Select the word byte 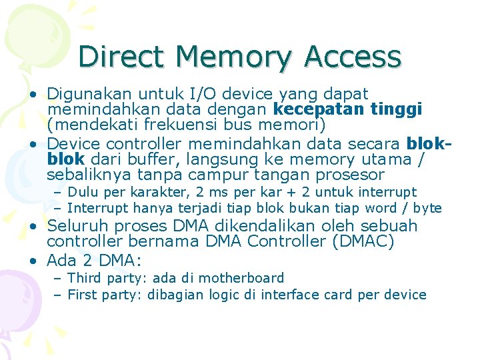pyautogui.click(x=427, y=209)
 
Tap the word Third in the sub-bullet pyautogui.click(x=85, y=278)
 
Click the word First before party pyautogui.click(x=83, y=295)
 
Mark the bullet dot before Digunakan pyautogui.click(x=33, y=93)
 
